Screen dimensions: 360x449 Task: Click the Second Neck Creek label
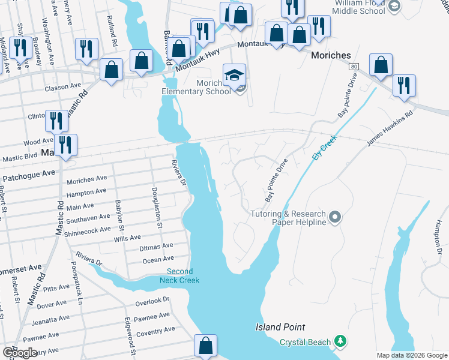[179, 275]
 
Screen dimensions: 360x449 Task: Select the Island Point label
[280, 327]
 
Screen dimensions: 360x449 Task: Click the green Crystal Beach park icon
[340, 341]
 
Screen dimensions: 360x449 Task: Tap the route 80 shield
[354, 66]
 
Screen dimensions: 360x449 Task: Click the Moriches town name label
[331, 55]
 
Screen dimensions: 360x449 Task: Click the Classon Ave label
[62, 87]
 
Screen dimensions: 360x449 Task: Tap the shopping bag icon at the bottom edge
[205, 346]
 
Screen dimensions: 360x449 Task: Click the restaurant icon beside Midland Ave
[22, 47]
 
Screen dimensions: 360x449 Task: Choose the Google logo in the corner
[20, 353]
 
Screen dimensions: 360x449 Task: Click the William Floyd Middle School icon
[394, 6]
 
